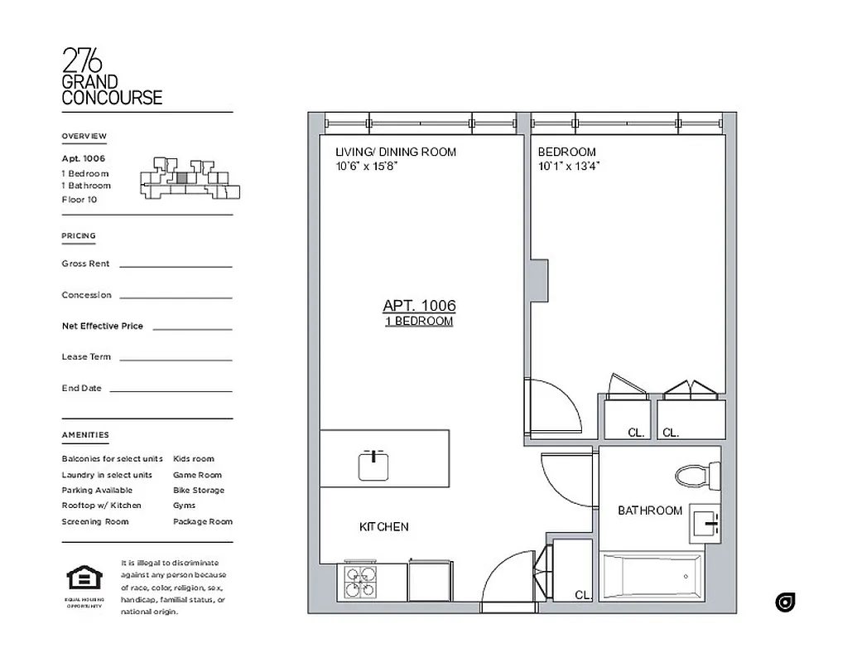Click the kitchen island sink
point(374,465)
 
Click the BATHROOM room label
point(650,511)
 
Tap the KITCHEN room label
point(383,527)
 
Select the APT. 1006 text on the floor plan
point(419,306)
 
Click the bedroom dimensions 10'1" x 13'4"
point(569,166)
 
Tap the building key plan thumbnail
point(188,180)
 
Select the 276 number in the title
point(83,61)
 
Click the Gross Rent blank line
point(176,266)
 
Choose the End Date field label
point(81,388)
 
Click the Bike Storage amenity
point(199,490)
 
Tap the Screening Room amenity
point(95,521)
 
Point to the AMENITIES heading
point(85,435)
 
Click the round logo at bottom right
point(785,603)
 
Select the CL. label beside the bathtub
point(583,595)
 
